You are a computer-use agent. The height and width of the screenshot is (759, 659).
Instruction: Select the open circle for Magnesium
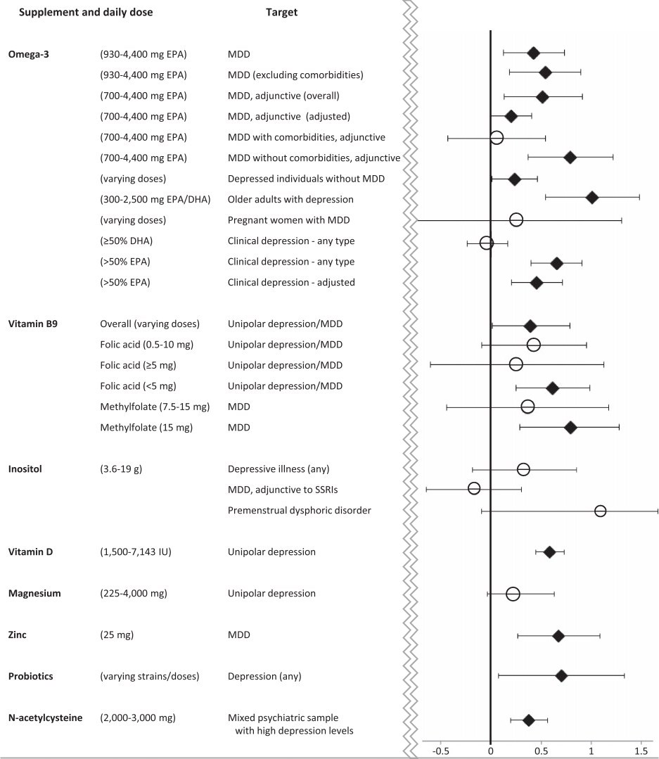click(513, 594)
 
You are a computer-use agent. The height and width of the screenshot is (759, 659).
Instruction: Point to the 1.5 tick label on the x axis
click(641, 751)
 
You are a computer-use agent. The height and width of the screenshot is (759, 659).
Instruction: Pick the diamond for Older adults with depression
click(592, 198)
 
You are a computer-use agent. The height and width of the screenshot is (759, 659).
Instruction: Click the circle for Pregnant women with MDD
click(516, 220)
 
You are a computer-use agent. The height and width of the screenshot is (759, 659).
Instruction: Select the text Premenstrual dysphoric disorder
click(300, 510)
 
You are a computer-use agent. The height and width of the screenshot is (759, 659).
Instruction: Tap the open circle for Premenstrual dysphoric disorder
click(600, 511)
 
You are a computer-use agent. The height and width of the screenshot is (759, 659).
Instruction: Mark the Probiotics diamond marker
click(561, 676)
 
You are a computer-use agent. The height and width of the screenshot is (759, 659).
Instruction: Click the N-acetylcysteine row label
click(45, 717)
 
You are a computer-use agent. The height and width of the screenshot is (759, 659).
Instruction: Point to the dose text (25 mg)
click(117, 635)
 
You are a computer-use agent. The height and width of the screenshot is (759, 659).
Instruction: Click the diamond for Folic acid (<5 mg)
click(552, 388)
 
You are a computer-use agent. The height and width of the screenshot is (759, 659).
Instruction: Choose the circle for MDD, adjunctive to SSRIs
click(474, 488)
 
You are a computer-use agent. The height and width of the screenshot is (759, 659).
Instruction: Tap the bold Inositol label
click(25, 468)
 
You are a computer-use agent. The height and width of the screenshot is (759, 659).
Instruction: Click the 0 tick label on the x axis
click(490, 751)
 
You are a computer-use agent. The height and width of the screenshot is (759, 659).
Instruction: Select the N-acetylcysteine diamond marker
click(528, 720)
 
